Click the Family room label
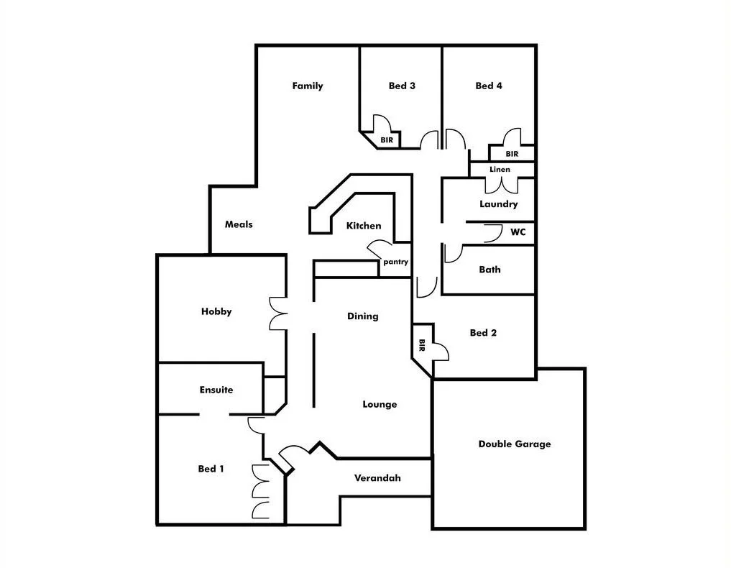tap(308, 86)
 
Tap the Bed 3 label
tap(402, 86)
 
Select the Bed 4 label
tap(489, 86)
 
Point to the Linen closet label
tap(500, 170)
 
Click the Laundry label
tap(499, 204)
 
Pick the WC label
tap(518, 232)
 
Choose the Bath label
tap(489, 270)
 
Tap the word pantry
tap(395, 262)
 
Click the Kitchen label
tap(364, 226)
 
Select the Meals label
tap(239, 224)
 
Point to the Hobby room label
tap(216, 312)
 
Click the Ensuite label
tap(216, 390)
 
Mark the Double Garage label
tap(515, 444)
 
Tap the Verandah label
tap(377, 478)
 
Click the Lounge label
tap(380, 405)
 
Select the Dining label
tap(362, 316)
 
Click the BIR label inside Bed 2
tap(422, 346)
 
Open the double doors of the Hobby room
tap(277, 313)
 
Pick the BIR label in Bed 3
tap(387, 140)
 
